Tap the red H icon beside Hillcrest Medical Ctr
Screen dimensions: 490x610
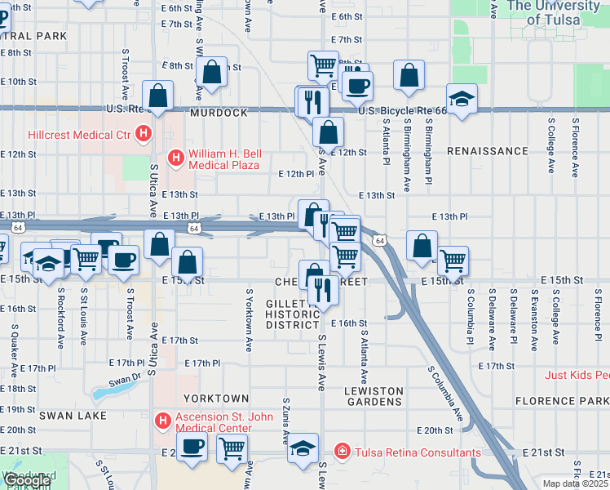(x=144, y=133)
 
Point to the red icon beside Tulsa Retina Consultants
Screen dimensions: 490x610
(x=343, y=452)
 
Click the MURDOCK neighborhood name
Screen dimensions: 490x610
(x=219, y=113)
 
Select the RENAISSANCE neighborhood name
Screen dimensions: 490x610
(x=488, y=151)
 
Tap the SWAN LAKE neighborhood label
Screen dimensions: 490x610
(x=36, y=416)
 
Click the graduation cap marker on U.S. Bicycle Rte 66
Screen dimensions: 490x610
(x=462, y=100)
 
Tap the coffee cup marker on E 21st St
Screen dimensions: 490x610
(x=192, y=447)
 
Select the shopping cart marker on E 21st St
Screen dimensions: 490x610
(x=232, y=448)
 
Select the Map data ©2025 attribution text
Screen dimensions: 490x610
(x=575, y=483)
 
